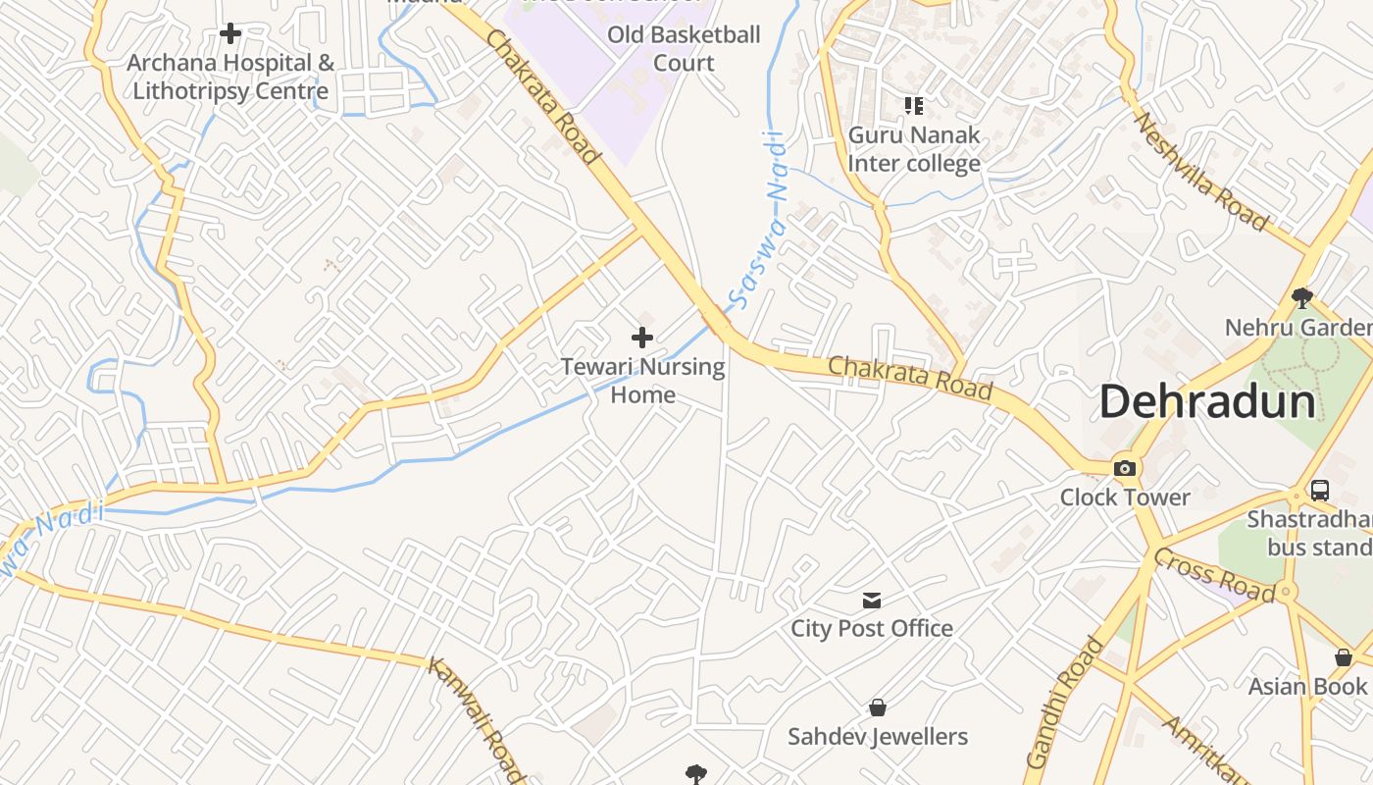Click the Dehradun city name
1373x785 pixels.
coord(1207,402)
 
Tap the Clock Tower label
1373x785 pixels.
coord(1125,497)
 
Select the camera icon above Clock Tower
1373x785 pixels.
coord(1125,468)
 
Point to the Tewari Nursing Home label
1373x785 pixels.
coord(642,381)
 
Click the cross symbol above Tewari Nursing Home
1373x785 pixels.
coord(642,339)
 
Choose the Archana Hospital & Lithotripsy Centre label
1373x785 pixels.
coord(230,78)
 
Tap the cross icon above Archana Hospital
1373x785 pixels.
coord(230,34)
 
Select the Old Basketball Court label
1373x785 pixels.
coord(684,48)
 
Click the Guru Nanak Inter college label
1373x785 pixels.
coord(914,149)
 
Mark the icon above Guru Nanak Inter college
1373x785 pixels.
coord(914,105)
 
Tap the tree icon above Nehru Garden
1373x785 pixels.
coord(1301,296)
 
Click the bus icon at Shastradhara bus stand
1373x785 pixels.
coord(1320,491)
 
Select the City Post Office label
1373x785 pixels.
coord(872,628)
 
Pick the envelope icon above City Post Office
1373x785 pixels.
coord(872,600)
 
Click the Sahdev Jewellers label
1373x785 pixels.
coord(878,736)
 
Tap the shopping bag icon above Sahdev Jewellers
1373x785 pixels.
coord(878,707)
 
